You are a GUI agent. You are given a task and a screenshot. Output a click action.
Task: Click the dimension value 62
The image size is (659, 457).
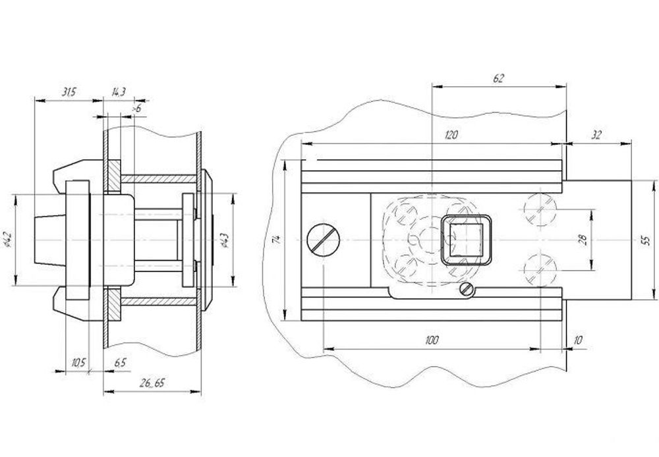tap(498, 78)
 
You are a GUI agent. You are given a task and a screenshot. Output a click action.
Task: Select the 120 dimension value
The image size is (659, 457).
tap(451, 135)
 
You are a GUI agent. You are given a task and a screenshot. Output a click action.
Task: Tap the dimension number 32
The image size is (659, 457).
tap(597, 135)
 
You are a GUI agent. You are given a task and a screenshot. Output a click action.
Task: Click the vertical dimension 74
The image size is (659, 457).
tap(277, 240)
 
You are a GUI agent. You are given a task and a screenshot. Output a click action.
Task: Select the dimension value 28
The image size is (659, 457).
tap(582, 240)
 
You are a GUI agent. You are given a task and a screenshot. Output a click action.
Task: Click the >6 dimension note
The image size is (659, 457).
tap(136, 107)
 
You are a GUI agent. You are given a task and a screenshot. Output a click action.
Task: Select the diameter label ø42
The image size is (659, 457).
tap(7, 240)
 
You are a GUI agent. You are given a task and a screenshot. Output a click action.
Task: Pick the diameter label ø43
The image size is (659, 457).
tap(225, 241)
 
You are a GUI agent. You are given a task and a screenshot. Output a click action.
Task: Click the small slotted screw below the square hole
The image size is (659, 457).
tap(467, 289)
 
